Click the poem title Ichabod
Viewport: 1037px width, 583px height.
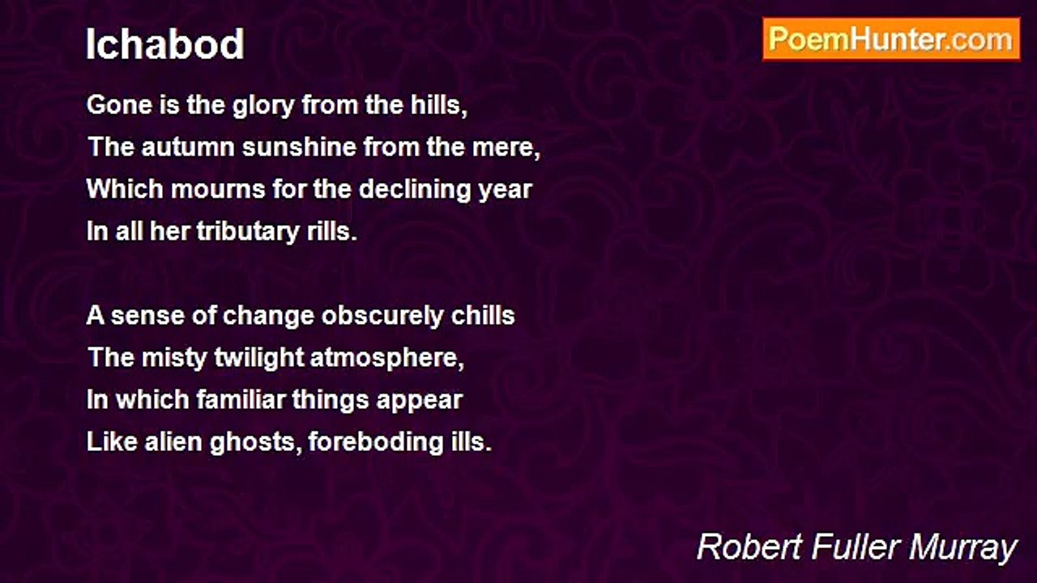(165, 45)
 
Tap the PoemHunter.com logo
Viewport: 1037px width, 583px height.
(891, 39)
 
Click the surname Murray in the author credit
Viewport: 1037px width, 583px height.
(963, 548)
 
